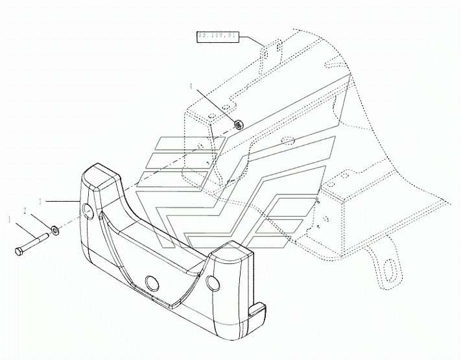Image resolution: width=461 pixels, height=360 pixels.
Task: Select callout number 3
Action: click(x=40, y=202)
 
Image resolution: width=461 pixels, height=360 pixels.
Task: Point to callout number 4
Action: click(x=191, y=86)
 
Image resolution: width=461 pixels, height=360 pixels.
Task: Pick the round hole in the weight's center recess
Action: click(x=153, y=282)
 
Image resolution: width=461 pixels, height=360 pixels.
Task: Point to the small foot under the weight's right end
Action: click(x=258, y=311)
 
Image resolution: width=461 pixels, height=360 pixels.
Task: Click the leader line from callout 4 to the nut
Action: click(x=214, y=103)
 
